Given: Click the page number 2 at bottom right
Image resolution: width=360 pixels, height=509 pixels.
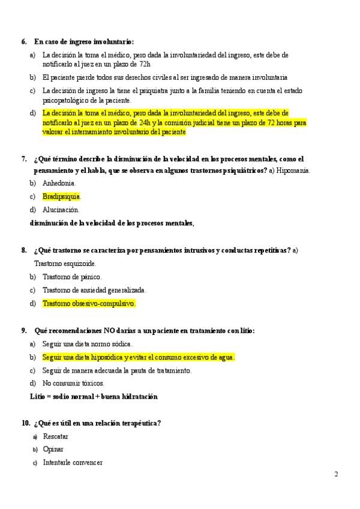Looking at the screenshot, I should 336,474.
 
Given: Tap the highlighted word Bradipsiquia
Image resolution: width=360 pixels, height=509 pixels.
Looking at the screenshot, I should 61,196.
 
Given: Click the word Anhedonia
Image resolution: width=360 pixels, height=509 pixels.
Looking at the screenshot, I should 59,183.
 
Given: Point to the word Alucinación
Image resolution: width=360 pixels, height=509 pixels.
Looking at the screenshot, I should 61,209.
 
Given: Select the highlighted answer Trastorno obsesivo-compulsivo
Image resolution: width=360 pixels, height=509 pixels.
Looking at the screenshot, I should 89,303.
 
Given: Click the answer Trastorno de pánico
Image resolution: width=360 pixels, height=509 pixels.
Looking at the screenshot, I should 72,277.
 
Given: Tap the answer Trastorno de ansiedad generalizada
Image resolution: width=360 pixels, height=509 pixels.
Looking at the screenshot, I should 94,290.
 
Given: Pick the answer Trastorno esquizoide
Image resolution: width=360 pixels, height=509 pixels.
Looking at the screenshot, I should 65,263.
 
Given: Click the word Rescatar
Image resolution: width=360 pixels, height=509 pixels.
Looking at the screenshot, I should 55,436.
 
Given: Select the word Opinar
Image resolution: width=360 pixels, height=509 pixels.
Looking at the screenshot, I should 53,449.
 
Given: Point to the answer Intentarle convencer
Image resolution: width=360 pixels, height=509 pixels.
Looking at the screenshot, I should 73,462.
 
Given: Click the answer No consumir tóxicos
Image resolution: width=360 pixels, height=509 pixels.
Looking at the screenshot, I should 73,383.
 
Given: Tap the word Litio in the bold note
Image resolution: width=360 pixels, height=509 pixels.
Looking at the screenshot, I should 37,396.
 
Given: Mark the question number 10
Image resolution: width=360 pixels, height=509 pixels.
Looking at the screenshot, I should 25,423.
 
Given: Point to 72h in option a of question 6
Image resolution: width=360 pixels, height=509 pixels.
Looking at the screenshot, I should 142,64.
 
